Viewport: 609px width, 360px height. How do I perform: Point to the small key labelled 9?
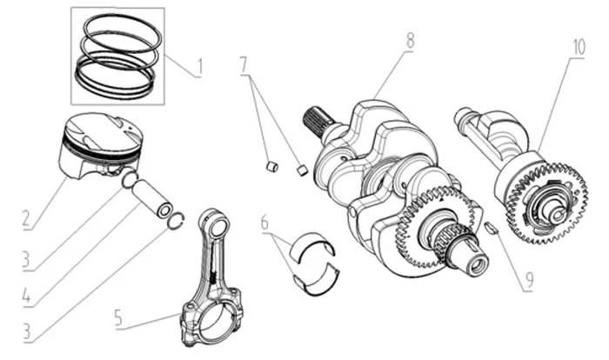click(491, 228)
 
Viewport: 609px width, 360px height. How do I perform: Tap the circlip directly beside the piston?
click(130, 181)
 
